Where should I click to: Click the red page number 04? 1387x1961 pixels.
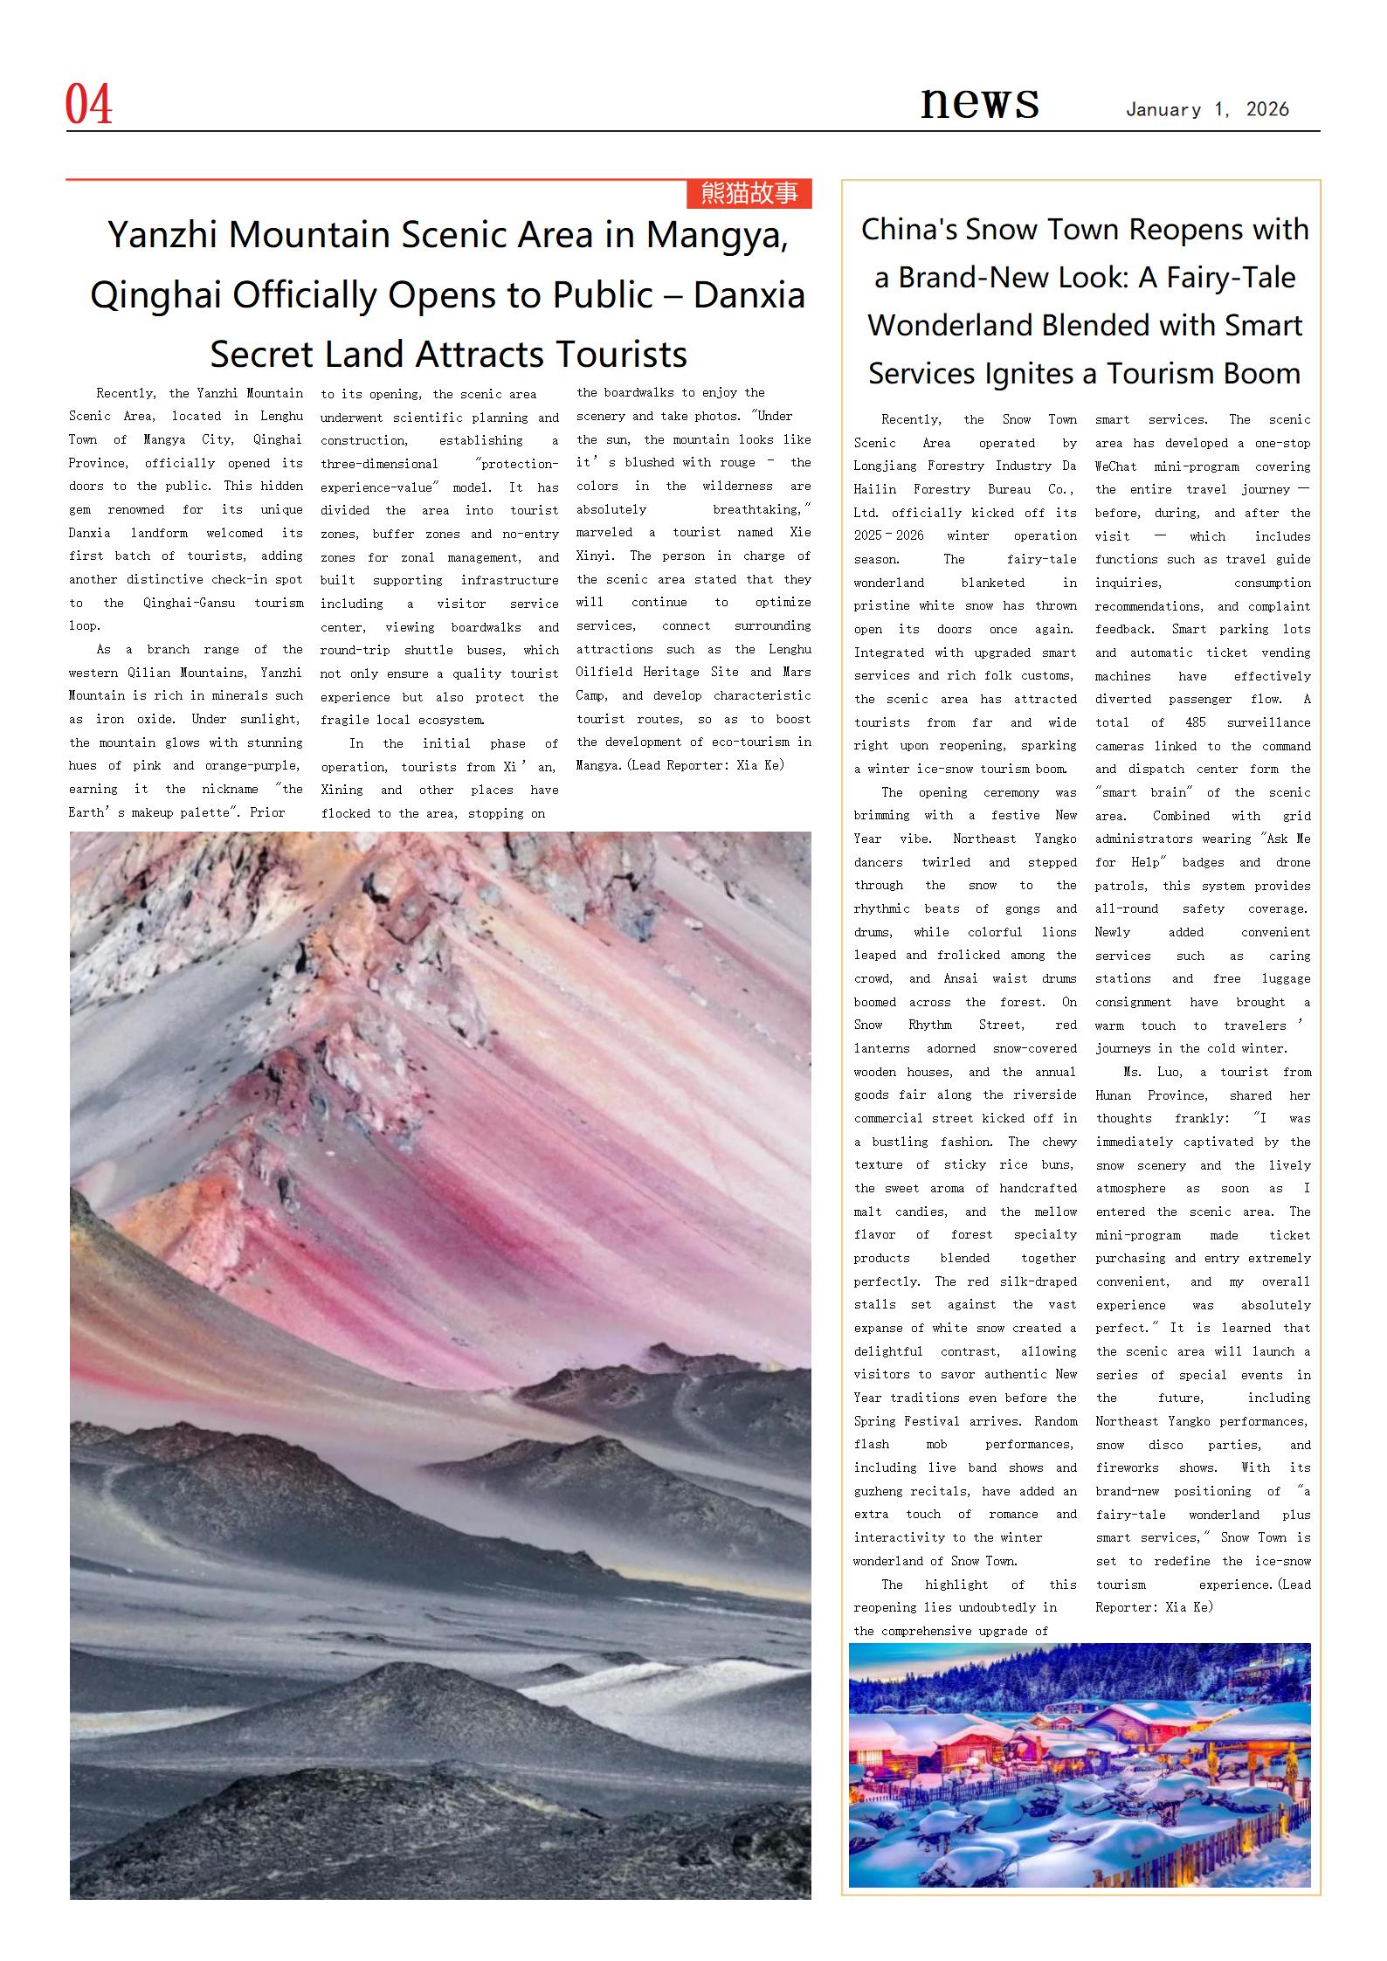[x=89, y=106]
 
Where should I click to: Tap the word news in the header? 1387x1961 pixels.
[x=979, y=101]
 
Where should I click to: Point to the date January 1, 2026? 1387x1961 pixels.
[x=1207, y=110]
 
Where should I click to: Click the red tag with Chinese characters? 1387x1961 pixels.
[x=749, y=193]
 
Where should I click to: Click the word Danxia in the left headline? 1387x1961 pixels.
[x=749, y=295]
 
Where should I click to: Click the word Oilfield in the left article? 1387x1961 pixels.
[x=604, y=673]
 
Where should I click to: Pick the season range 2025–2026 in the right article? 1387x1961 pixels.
[x=889, y=536]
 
